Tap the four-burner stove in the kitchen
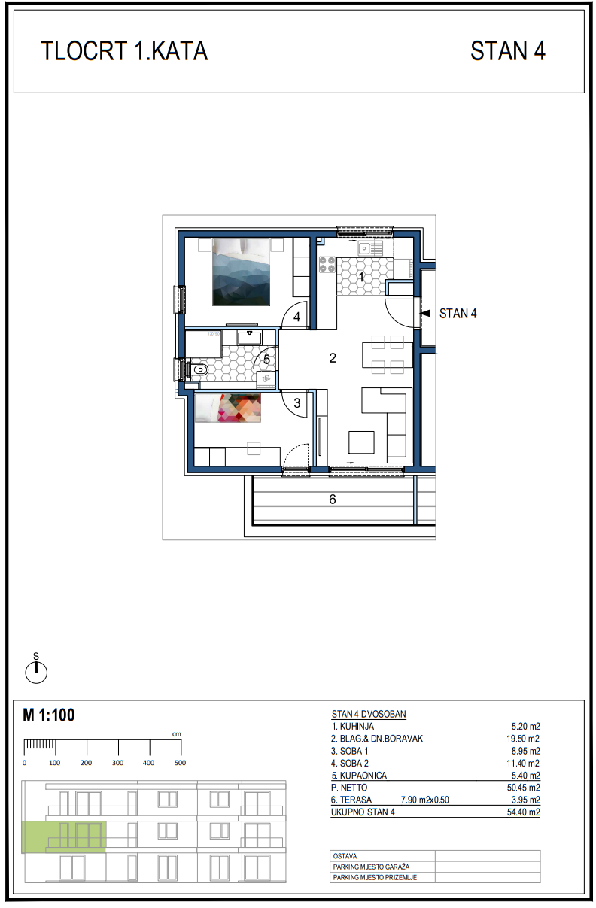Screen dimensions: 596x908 (327, 265)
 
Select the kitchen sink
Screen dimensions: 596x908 (369, 248)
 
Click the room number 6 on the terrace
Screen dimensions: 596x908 (333, 499)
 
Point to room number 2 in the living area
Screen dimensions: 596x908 (333, 358)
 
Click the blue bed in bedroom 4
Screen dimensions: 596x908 (242, 272)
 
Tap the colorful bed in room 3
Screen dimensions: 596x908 (228, 408)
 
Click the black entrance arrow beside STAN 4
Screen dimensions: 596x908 (424, 314)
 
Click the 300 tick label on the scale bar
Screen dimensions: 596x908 (117, 763)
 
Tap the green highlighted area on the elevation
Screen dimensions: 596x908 (64, 837)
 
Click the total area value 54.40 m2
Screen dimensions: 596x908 (524, 812)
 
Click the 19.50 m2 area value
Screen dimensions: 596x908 (523, 739)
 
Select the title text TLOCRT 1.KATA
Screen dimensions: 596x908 (124, 51)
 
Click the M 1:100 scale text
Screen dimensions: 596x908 (49, 715)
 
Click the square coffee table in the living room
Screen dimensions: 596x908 (361, 442)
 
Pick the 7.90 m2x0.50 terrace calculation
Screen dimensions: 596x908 (425, 800)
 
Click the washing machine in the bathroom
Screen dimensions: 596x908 (266, 379)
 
